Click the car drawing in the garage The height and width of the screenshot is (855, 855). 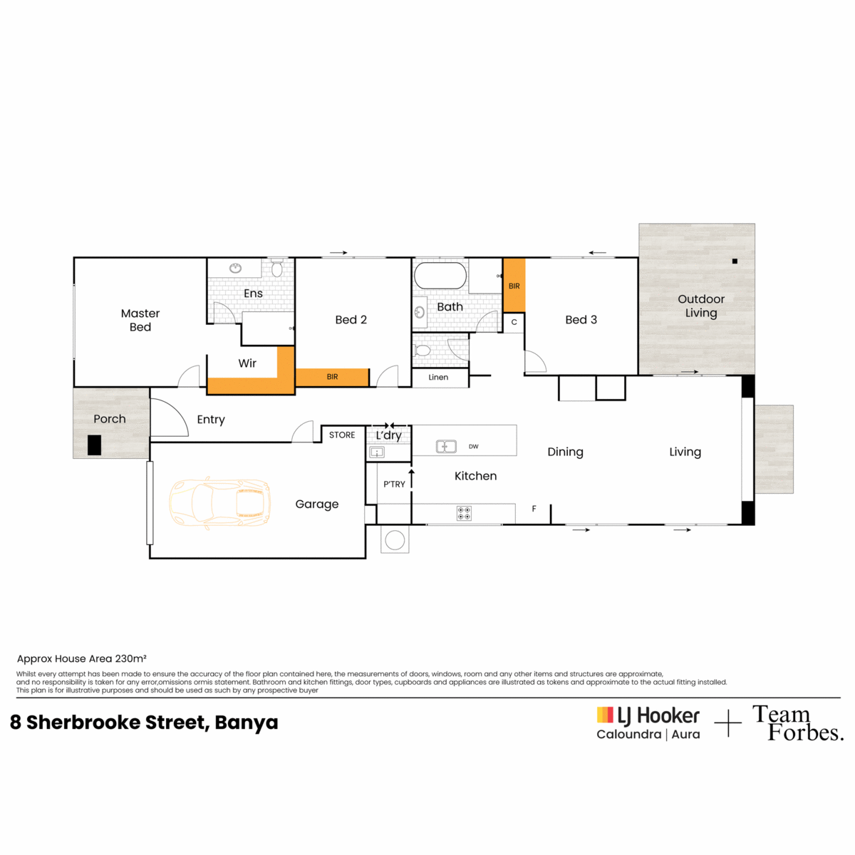pos(219,503)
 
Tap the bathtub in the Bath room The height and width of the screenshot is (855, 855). pos(440,276)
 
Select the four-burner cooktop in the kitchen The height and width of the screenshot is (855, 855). pos(464,513)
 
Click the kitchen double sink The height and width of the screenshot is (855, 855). pos(445,446)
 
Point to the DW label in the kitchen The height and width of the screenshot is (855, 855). pos(473,446)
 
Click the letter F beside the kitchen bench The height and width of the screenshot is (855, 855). pos(534,509)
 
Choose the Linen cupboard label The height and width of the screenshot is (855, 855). pos(438,377)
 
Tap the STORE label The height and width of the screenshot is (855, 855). pos(342,435)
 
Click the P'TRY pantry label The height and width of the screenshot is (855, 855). pos(394,484)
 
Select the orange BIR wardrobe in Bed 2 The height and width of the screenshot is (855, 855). pos(332,377)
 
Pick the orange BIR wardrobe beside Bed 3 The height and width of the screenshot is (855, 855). pos(514,286)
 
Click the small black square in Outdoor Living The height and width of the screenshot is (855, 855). pos(735,261)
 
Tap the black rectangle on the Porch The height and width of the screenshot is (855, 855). pos(94,445)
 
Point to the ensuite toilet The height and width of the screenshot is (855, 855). pos(276,268)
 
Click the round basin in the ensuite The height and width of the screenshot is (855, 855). pos(235,268)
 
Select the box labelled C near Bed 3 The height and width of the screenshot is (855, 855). pos(514,323)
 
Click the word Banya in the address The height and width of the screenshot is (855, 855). pos(247,722)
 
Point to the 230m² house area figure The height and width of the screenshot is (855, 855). pos(130,658)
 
